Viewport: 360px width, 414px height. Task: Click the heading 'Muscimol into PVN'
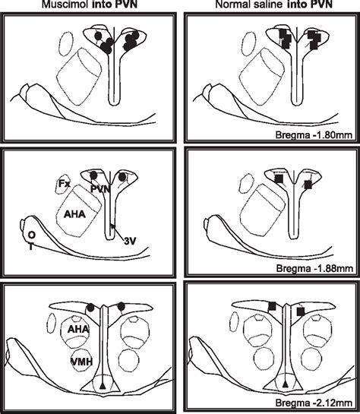(89, 6)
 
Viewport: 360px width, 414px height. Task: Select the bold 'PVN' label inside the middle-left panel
(99, 188)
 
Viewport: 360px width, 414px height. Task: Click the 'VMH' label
(80, 360)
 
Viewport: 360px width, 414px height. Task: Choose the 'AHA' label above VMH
(77, 330)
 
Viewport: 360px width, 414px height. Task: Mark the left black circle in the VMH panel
(92, 307)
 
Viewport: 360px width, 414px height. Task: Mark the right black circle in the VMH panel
(122, 306)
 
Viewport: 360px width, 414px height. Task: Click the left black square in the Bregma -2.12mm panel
(271, 306)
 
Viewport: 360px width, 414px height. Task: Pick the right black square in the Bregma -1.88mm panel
(308, 183)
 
